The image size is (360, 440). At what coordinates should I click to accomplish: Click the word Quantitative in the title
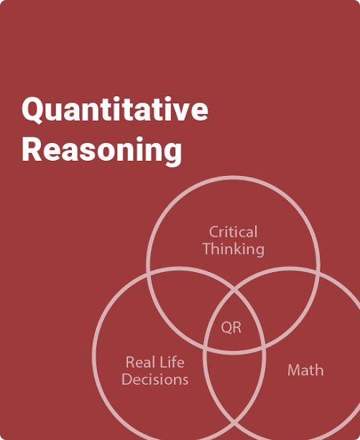(115, 110)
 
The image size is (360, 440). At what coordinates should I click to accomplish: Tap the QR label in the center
(231, 327)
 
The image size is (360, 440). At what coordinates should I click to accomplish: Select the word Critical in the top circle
(233, 232)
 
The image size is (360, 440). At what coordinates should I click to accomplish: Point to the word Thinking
(234, 249)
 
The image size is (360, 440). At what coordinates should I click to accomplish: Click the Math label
(305, 370)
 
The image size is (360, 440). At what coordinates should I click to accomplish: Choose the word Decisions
(155, 380)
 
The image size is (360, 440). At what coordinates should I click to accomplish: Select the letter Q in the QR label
(226, 328)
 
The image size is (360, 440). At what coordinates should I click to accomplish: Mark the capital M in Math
(295, 370)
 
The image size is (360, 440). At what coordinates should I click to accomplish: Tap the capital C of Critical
(214, 232)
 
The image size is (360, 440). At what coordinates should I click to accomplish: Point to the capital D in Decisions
(128, 380)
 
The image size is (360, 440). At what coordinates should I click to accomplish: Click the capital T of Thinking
(208, 249)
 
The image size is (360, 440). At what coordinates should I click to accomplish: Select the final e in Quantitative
(199, 112)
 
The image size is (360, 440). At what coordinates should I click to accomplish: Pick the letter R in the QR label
(237, 327)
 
